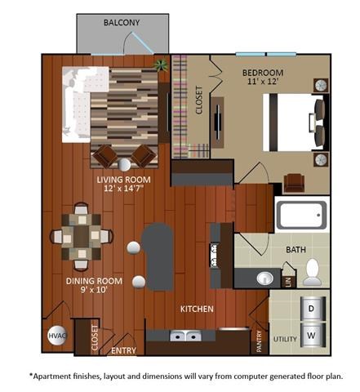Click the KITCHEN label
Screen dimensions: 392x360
coord(197,309)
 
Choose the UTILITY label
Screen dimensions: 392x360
coord(283,337)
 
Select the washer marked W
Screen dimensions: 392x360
coord(311,336)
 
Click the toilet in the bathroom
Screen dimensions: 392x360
coord(312,272)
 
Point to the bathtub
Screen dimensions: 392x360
coord(301,216)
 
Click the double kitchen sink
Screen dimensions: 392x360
coord(185,336)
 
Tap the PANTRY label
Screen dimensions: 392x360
coord(259,340)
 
